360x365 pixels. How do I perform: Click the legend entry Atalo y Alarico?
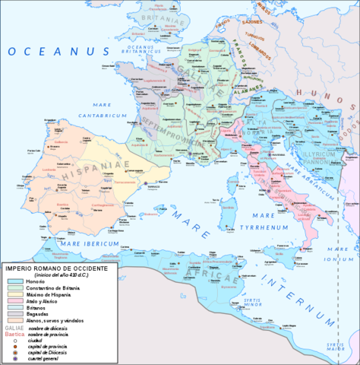[x=46, y=285]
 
